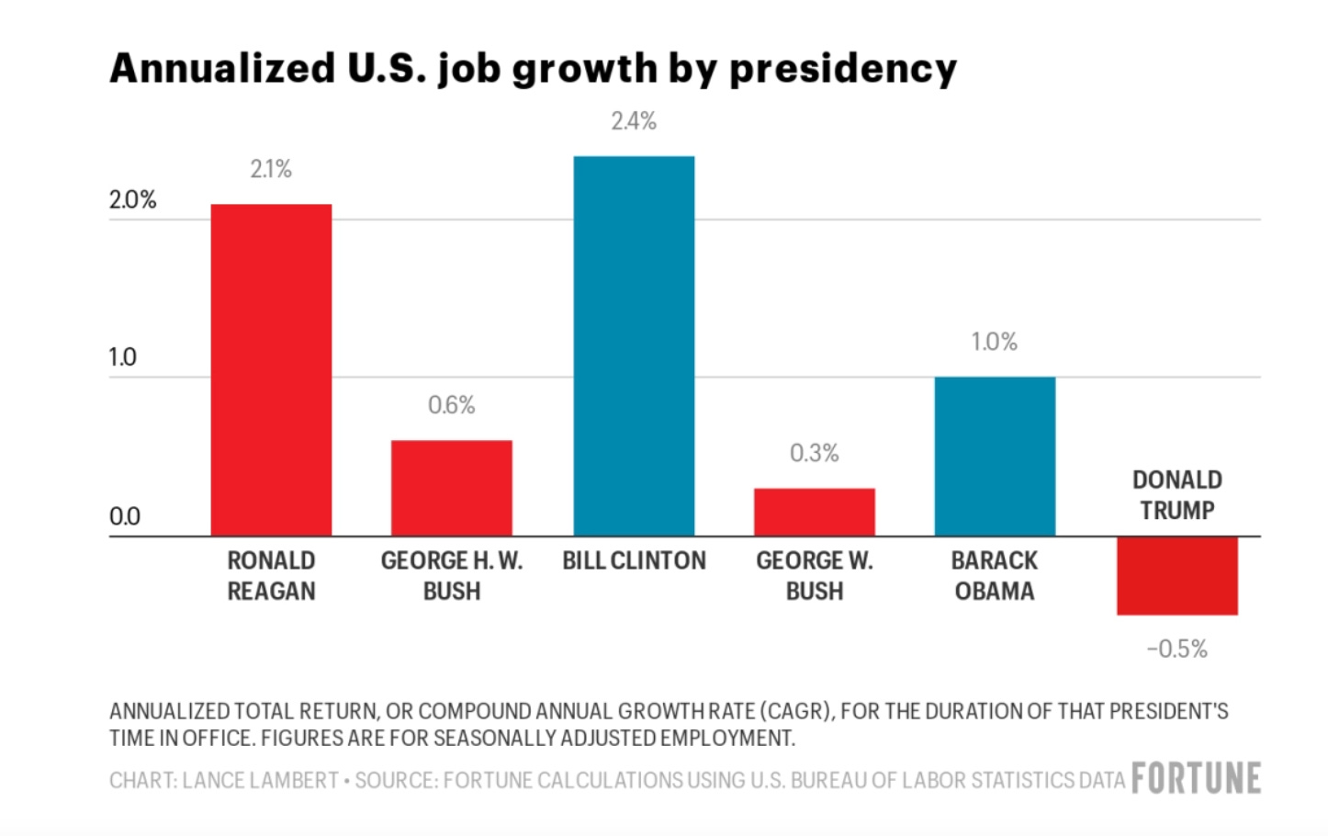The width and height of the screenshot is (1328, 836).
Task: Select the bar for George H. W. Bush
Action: click(451, 488)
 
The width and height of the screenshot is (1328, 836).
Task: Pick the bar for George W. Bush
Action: click(814, 512)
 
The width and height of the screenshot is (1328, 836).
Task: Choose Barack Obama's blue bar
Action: click(995, 456)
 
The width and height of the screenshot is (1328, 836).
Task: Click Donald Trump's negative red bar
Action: click(1176, 575)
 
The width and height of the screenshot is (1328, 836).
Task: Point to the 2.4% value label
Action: click(634, 121)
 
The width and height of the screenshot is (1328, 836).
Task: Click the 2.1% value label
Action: click(271, 169)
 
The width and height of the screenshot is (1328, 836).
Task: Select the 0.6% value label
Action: click(451, 405)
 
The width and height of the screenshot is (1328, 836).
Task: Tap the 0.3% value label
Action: click(814, 453)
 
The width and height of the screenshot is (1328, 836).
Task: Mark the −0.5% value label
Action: click(1176, 649)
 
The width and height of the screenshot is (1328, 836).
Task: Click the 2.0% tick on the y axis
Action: click(133, 200)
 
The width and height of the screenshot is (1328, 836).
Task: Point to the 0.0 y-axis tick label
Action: click(125, 516)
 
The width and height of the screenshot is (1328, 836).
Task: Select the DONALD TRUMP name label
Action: click(1176, 495)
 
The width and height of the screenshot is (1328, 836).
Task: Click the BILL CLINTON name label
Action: click(634, 560)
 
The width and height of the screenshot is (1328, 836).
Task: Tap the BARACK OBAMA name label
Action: click(995, 575)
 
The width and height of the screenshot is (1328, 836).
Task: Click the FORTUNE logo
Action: click(1196, 778)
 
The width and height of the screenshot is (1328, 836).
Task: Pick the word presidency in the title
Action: click(842, 70)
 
